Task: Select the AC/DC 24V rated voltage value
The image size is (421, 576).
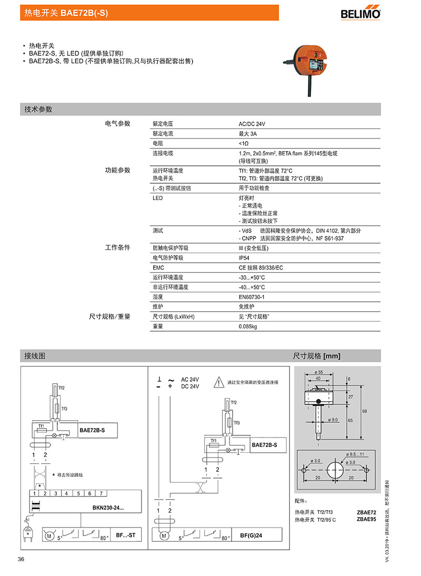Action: tap(252, 124)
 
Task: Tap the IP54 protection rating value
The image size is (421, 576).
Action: tap(245, 258)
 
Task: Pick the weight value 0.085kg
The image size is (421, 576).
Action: tap(248, 326)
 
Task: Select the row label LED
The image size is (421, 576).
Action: tap(157, 198)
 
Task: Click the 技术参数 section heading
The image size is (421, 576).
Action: tap(38, 110)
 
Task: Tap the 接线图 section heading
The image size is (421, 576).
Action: tap(35, 356)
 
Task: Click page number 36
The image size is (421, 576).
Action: tap(22, 559)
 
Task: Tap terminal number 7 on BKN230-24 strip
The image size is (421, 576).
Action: tap(101, 493)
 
